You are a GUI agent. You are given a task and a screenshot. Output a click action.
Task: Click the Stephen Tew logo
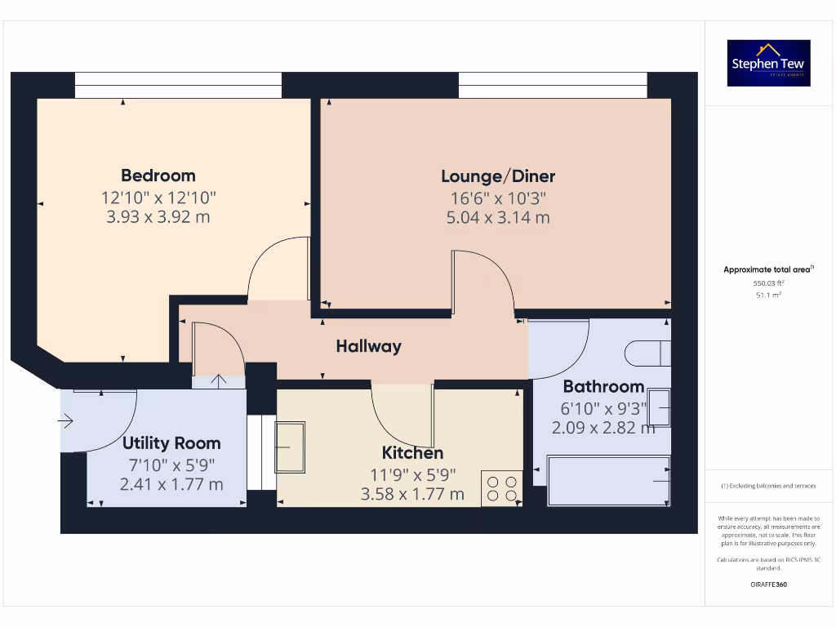pyautogui.click(x=769, y=63)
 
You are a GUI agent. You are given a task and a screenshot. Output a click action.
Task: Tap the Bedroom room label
pyautogui.click(x=158, y=176)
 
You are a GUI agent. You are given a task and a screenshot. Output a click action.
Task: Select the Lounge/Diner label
pyautogui.click(x=498, y=176)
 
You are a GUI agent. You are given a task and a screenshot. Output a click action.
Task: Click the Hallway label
pyautogui.click(x=369, y=346)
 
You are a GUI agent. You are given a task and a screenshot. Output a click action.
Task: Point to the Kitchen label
pyautogui.click(x=413, y=453)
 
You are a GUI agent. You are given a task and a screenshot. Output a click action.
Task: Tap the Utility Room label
pyautogui.click(x=171, y=443)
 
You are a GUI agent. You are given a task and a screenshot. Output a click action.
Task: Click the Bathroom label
pyautogui.click(x=603, y=386)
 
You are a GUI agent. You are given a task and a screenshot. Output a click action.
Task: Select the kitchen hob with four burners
pyautogui.click(x=501, y=488)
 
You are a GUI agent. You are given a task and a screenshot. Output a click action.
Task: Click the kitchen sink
pyautogui.click(x=290, y=447)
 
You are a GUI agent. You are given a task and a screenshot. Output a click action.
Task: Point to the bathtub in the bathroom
pyautogui.click(x=608, y=481)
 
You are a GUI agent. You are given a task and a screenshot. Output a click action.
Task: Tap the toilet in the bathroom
pyautogui.click(x=647, y=353)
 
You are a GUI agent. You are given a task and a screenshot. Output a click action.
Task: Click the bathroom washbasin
pyautogui.click(x=659, y=407)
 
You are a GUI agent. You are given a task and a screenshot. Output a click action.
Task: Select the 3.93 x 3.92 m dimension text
pyautogui.click(x=158, y=217)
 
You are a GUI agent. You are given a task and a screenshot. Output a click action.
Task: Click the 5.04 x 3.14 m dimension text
pyautogui.click(x=498, y=218)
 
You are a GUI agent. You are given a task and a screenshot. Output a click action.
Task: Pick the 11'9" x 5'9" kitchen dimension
pyautogui.click(x=412, y=474)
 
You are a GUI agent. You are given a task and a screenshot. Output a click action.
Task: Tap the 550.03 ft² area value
pyautogui.click(x=767, y=282)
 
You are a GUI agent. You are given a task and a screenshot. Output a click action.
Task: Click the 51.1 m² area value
pyautogui.click(x=767, y=295)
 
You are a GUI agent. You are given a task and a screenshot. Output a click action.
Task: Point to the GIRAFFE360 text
pyautogui.click(x=768, y=585)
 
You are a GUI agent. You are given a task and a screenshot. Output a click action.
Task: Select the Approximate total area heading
pyautogui.click(x=768, y=269)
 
